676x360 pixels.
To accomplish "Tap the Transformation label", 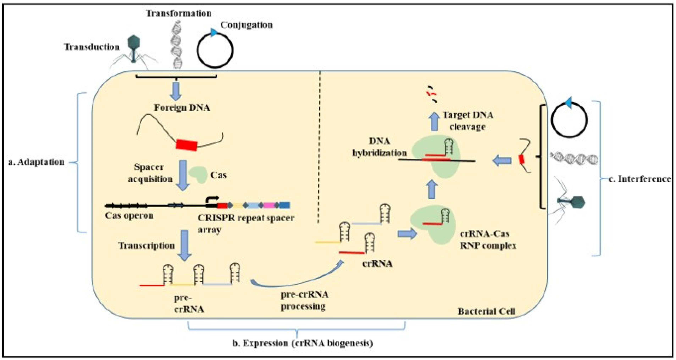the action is coord(179,13).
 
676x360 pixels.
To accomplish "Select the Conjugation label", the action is coord(246,25).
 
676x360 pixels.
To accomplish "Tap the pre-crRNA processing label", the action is coord(304,300).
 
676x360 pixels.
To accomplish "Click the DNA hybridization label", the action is coord(379,147).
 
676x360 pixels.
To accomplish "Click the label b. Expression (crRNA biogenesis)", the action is coord(303,343).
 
